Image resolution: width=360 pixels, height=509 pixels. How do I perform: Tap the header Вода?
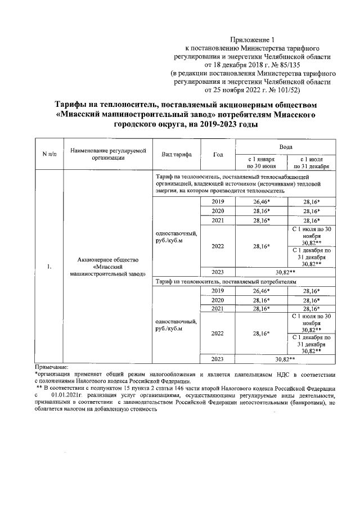[x=285, y=146]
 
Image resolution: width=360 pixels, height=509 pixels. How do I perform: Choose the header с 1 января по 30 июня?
[x=260, y=163]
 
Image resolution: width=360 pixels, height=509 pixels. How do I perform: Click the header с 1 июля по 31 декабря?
[x=311, y=163]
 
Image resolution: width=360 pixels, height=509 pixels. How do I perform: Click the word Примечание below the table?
[x=51, y=366]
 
